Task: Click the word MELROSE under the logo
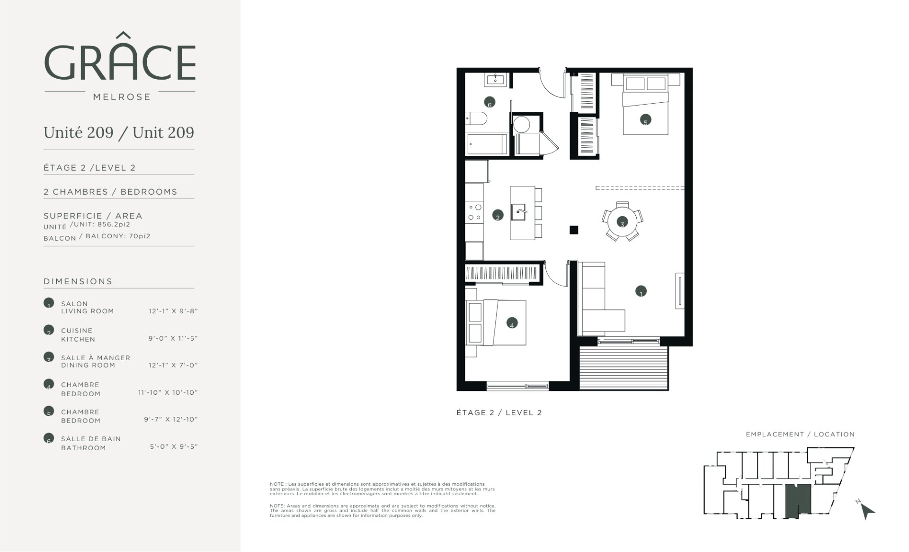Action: click(x=122, y=97)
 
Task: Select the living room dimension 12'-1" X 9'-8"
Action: click(x=173, y=311)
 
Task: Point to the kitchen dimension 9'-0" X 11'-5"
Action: click(x=173, y=338)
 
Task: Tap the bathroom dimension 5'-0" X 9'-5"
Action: click(x=174, y=446)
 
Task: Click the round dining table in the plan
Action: click(x=622, y=221)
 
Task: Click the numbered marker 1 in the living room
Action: click(x=641, y=291)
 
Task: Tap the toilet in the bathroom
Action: click(x=474, y=118)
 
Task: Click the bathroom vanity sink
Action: click(x=496, y=79)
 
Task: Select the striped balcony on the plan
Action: click(x=624, y=368)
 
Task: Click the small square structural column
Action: click(x=574, y=230)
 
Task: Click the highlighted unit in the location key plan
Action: click(x=798, y=500)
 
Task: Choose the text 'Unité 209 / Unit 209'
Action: click(x=119, y=133)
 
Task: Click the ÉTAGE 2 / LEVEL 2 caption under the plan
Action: click(x=499, y=412)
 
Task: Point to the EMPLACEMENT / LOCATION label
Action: click(x=800, y=434)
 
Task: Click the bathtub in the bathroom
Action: click(x=487, y=144)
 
